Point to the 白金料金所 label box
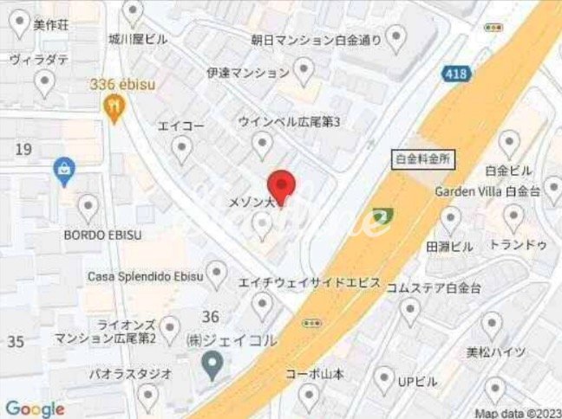[424, 159]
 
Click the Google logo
[35, 409]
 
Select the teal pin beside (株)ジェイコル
[210, 364]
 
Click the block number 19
[23, 150]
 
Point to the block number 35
[16, 341]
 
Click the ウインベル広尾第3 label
[289, 122]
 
